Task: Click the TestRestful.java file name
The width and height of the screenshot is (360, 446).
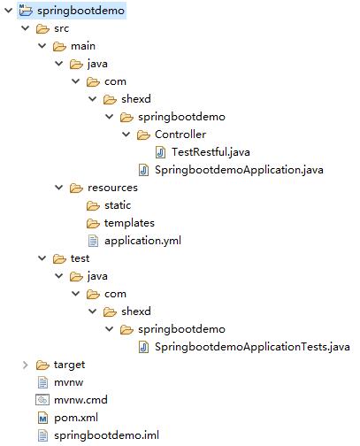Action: (211, 152)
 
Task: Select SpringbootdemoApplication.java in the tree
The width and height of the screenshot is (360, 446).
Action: (239, 170)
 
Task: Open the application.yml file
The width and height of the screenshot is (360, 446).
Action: (142, 241)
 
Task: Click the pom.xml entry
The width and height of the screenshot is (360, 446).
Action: (76, 418)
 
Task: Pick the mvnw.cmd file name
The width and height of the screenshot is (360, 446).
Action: (80, 400)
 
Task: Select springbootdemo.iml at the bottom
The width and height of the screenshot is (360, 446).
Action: (106, 435)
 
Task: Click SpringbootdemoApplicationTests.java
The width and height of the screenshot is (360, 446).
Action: (252, 347)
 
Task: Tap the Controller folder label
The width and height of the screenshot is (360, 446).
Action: (180, 135)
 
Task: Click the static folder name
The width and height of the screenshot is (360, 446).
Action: (118, 205)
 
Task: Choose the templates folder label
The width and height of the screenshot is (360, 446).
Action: (129, 223)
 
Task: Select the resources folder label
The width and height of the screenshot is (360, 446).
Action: (112, 188)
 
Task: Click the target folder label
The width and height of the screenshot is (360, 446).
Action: (69, 365)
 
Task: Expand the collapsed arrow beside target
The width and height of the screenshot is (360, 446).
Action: (26, 365)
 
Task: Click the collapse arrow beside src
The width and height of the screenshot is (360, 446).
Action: (26, 28)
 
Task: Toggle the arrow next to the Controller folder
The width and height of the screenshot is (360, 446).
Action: (126, 135)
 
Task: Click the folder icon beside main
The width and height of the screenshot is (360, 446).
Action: (59, 47)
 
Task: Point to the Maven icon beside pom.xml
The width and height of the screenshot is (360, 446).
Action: (42, 418)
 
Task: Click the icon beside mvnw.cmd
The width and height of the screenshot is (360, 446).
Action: (42, 400)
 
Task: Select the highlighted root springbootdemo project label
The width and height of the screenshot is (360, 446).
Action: (80, 11)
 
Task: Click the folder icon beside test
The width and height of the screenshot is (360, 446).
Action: (59, 259)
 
